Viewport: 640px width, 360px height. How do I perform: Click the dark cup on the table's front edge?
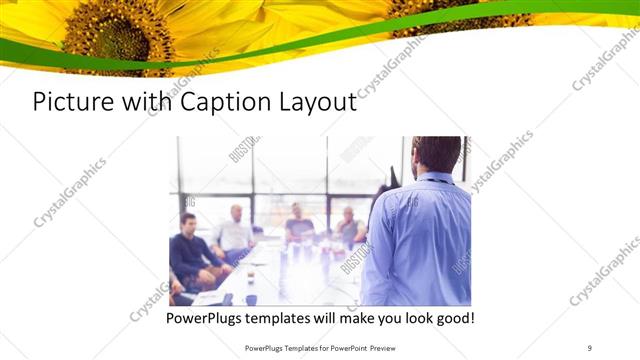coord(250,298)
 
